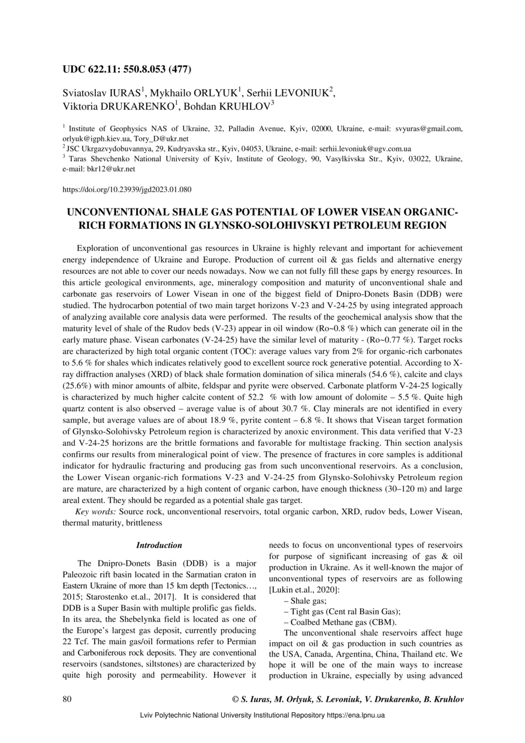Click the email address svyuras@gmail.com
point(428,129)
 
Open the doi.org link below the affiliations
point(127,190)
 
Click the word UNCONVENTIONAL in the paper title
point(119,213)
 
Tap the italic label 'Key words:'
point(96,512)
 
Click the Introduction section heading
point(159,546)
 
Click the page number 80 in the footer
point(67,699)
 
